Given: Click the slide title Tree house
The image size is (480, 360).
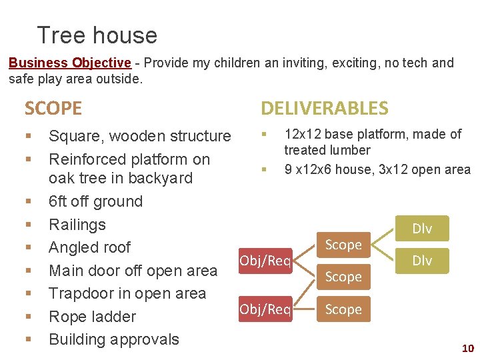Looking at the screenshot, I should pyautogui.click(x=97, y=35).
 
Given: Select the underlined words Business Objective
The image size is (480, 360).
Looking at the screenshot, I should pyautogui.click(x=69, y=63).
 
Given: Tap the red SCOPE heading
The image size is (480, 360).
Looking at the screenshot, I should pyautogui.click(x=53, y=108).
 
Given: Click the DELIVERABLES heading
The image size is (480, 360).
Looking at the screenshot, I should pyautogui.click(x=324, y=108).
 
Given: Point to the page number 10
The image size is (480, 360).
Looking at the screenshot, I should pyautogui.click(x=467, y=349).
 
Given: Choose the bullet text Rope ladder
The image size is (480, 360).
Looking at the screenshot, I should pyautogui.click(x=92, y=317).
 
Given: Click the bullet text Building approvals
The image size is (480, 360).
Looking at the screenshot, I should pyautogui.click(x=114, y=339).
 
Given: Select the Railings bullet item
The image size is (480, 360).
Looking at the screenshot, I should pyautogui.click(x=77, y=225).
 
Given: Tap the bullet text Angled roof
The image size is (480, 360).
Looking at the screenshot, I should pyautogui.click(x=89, y=247).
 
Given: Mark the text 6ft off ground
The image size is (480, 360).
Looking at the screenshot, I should pyautogui.click(x=95, y=201).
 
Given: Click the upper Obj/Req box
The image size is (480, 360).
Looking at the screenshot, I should pyautogui.click(x=264, y=261).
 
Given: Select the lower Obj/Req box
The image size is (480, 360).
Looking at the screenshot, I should pyautogui.click(x=264, y=309).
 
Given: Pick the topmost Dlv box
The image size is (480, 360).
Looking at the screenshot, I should pyautogui.click(x=421, y=229).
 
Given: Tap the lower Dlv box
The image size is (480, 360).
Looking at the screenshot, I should pyautogui.click(x=421, y=261).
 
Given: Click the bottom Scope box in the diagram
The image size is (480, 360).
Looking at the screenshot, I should pyautogui.click(x=343, y=309).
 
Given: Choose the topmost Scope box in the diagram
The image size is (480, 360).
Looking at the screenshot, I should pyautogui.click(x=343, y=245).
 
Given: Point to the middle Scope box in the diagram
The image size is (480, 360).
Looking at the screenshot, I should pyautogui.click(x=343, y=277).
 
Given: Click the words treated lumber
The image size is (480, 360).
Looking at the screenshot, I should pyautogui.click(x=327, y=151).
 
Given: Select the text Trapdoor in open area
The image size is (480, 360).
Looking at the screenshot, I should pyautogui.click(x=127, y=293).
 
